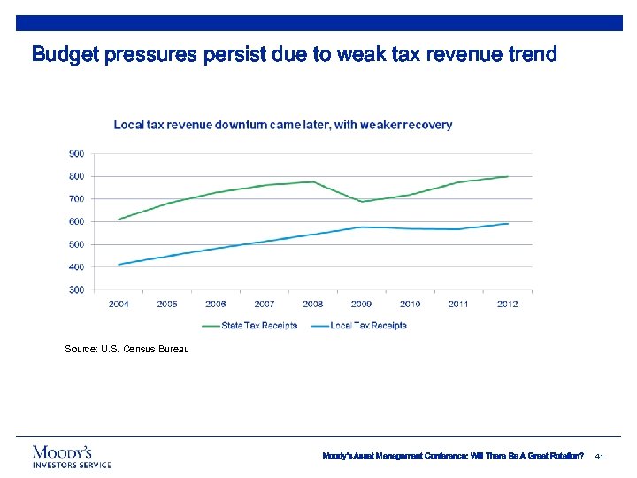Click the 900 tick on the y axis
(77, 153)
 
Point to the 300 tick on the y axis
(77, 289)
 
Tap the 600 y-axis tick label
(77, 221)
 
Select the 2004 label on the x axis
(119, 304)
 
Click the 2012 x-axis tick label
(507, 304)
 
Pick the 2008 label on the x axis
(312, 304)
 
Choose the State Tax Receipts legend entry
(250, 325)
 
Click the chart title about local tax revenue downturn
(282, 125)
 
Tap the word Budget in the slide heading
(65, 55)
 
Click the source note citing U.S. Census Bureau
(127, 350)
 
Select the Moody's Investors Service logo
(72, 456)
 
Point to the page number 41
(599, 456)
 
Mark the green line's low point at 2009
(361, 201)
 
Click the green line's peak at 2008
(312, 181)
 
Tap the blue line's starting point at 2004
(119, 264)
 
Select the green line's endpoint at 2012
(507, 176)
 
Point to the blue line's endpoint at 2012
(507, 223)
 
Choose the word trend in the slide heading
(531, 55)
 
